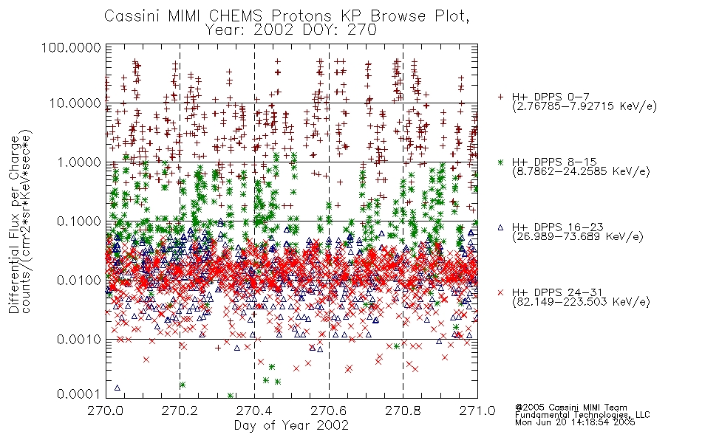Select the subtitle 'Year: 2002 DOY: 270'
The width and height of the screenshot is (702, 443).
point(291,30)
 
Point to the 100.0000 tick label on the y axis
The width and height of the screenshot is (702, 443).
point(72,47)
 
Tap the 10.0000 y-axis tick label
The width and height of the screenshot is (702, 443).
point(75,103)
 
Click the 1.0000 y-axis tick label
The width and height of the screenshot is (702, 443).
point(79,162)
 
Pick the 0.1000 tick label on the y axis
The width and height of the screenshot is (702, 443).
point(79,221)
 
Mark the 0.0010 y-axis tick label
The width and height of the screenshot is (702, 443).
point(79,340)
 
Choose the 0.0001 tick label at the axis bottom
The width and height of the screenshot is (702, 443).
point(79,394)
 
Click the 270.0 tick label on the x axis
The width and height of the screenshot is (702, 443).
point(106,411)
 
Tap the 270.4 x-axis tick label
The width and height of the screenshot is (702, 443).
point(254,411)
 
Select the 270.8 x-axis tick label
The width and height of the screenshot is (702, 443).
point(403,411)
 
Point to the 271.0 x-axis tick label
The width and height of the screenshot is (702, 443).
point(477,411)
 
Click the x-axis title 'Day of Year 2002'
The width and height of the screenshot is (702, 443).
point(291,425)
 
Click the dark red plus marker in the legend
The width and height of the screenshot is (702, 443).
point(500,97)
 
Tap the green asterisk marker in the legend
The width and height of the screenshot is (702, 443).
point(500,162)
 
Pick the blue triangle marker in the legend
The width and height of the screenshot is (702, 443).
point(500,227)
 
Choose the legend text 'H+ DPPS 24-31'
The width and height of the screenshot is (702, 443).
point(557,292)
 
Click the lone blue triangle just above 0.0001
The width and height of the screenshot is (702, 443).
point(117,388)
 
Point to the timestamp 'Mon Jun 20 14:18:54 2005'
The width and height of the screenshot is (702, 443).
point(575,422)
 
